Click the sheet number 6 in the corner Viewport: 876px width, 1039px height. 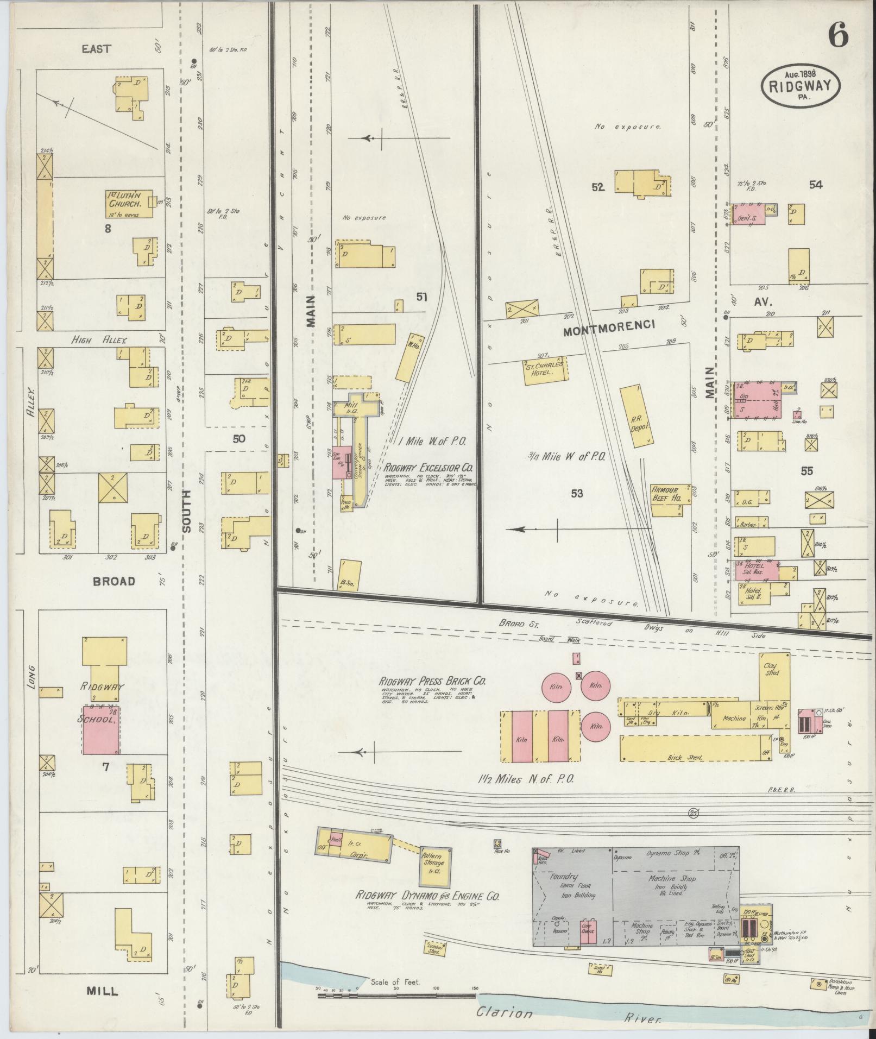[x=837, y=37]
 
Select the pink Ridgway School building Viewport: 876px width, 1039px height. [x=101, y=730]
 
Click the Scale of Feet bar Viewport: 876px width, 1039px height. [x=396, y=997]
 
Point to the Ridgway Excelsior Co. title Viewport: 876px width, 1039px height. [x=429, y=467]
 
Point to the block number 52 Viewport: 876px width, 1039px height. [x=597, y=187]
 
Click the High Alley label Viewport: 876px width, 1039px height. [x=99, y=340]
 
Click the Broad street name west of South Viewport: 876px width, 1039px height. [x=114, y=581]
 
